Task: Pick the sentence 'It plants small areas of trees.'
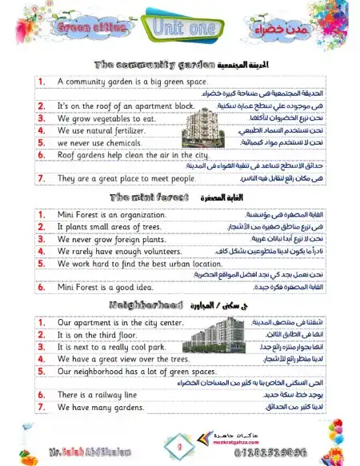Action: (111, 227)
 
